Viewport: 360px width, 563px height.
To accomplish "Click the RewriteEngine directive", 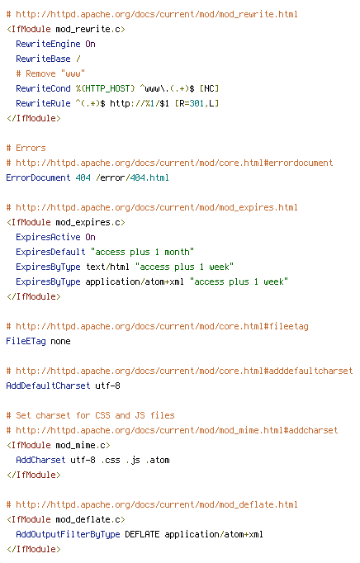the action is point(48,44).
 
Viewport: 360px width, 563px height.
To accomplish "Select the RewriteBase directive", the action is point(43,59).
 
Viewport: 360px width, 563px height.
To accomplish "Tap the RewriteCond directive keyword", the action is point(43,88).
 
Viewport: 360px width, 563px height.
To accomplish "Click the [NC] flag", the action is point(209,88).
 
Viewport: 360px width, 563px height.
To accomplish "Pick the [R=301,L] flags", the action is point(197,103).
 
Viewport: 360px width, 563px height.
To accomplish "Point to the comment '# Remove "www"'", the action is point(50,73).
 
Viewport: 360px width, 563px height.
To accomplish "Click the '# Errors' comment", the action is point(26,148).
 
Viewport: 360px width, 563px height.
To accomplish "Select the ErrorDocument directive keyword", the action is point(38,177).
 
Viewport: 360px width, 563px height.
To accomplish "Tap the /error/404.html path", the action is point(132,177).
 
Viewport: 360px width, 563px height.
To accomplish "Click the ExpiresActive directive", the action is point(48,237).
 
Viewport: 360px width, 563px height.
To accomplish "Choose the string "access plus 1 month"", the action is point(142,252).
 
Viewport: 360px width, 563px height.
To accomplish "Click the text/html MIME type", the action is point(107,267).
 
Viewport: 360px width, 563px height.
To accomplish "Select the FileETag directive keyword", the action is point(26,341).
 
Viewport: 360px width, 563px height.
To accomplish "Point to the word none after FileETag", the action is point(60,341).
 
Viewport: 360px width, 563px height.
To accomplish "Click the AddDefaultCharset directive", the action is point(48,386).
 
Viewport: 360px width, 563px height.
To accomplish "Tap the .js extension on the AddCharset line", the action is point(133,460).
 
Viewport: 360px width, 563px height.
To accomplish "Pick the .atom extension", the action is point(158,460).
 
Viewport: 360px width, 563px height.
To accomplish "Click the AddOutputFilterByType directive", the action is point(68,534).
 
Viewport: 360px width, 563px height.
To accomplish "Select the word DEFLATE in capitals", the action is point(142,534).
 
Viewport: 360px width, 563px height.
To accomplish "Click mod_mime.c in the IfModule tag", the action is point(83,445).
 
